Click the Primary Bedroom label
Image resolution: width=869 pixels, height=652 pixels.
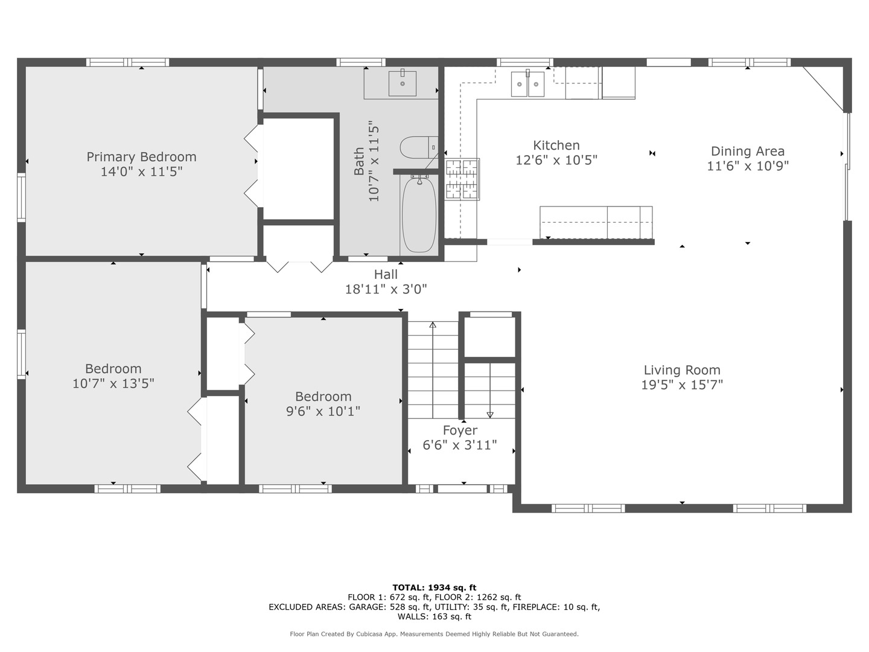(141, 157)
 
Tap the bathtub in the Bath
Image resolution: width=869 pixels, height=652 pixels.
(419, 214)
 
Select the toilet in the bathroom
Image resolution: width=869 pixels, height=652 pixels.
(419, 147)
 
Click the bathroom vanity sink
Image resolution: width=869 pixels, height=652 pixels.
(403, 83)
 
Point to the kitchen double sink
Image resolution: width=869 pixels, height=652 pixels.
(527, 83)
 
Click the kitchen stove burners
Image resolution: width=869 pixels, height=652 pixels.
(462, 179)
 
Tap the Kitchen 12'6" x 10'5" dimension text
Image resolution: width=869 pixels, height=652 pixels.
(556, 160)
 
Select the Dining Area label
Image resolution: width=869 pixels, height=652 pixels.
(748, 151)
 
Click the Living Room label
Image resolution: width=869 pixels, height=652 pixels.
(682, 370)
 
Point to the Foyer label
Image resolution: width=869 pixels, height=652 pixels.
(460, 430)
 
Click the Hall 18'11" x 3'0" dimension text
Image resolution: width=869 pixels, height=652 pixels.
(386, 289)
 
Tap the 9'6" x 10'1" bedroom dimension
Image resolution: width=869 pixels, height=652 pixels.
(323, 411)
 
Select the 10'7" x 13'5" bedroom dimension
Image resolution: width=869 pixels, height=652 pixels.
(113, 383)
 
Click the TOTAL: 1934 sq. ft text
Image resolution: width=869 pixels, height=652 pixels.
(434, 587)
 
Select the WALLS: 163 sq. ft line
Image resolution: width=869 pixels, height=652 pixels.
(434, 616)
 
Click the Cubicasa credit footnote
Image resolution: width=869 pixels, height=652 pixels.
(434, 634)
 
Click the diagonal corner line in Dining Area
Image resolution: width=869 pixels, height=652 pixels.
(823, 89)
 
